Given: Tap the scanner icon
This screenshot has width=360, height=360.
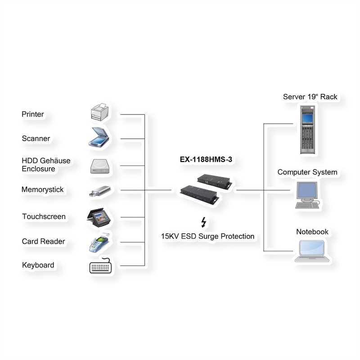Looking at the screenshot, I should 99,137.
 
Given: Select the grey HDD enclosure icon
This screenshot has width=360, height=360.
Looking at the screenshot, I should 99,166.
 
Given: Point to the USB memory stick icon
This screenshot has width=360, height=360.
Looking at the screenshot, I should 99,191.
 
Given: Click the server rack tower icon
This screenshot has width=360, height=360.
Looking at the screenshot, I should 308,129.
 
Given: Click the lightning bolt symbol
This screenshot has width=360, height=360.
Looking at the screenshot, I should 204,222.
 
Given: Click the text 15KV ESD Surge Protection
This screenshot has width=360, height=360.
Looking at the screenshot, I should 208,236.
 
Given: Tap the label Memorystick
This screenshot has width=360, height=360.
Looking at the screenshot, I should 43,190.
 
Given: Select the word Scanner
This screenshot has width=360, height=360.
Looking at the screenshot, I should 36,139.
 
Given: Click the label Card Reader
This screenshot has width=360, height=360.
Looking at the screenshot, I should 43,242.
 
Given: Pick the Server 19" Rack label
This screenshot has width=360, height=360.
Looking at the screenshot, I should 310,97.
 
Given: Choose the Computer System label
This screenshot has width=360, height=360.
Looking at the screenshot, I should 307,172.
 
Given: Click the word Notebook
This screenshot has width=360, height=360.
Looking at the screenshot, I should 312,232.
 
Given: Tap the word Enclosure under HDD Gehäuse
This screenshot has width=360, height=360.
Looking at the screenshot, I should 38,169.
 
